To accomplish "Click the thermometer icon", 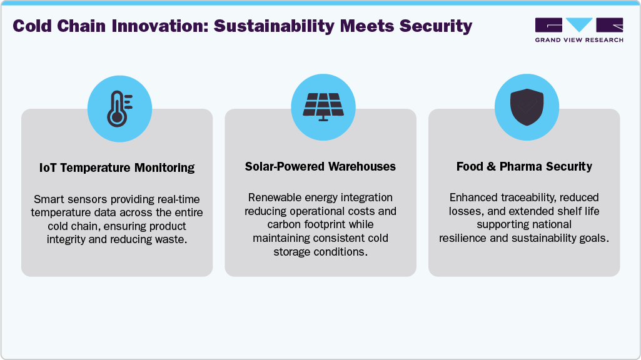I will (117, 109).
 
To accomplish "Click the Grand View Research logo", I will (579, 26).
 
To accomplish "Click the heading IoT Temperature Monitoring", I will (117, 167).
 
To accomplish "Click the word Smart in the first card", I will (49, 200).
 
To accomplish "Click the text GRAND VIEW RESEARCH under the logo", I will (579, 40).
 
